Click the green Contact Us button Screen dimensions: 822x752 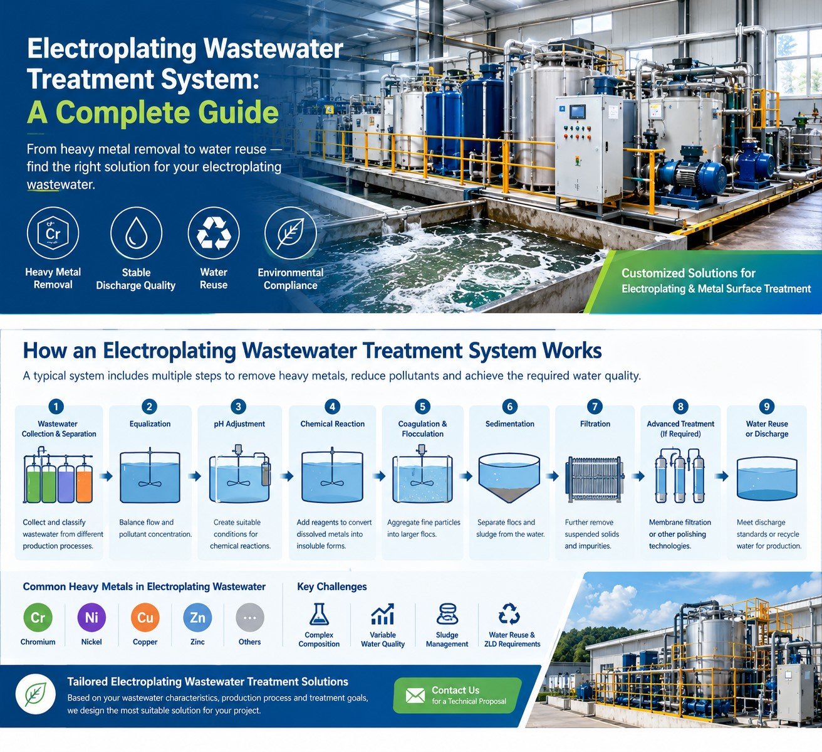pos(457,696)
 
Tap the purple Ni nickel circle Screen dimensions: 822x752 pos(91,617)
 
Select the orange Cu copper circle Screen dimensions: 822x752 pos(145,617)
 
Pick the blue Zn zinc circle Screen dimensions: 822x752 pos(197,617)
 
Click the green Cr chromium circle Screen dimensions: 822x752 pos(38,617)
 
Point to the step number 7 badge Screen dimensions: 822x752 pos(595,406)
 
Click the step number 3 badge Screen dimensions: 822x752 pos(239,406)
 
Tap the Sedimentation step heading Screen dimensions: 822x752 pos(510,424)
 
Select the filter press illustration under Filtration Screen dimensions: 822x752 pos(595,479)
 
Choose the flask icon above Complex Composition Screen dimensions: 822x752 pos(319,614)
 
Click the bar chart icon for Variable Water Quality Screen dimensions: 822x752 pos(383,614)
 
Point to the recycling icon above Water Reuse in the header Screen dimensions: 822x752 pos(214,233)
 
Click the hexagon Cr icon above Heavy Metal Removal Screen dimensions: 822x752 pos(53,233)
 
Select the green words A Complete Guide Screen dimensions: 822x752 pos(153,112)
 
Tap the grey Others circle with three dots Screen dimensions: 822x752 pos(250,617)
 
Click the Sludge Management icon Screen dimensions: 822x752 pos(447,614)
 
